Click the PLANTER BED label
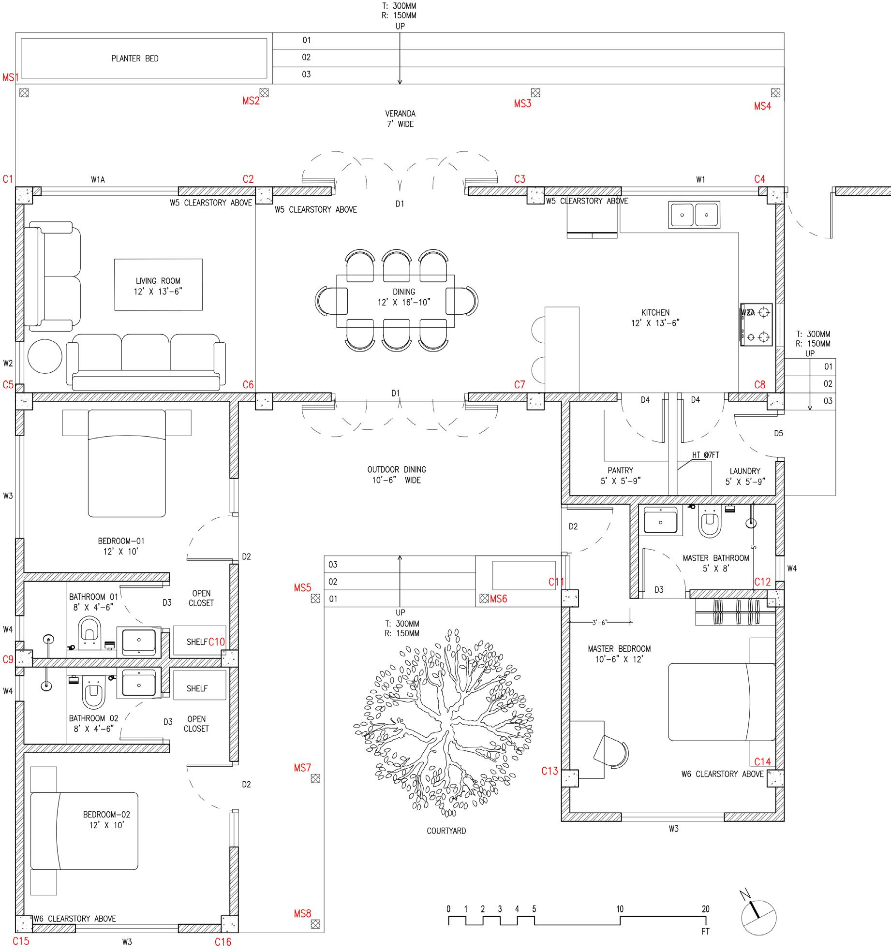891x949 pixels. [x=135, y=58]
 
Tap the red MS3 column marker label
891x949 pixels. [x=522, y=104]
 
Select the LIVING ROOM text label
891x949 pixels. [x=158, y=281]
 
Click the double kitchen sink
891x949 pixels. [x=694, y=215]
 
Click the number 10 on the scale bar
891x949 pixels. [x=620, y=909]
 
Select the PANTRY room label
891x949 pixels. [x=620, y=470]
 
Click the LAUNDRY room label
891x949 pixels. [x=745, y=471]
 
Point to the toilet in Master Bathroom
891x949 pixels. [x=710, y=523]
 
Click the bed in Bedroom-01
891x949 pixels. [x=127, y=463]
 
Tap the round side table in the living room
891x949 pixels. [x=45, y=356]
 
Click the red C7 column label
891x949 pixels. [x=520, y=385]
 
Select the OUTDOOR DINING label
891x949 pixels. [x=397, y=469]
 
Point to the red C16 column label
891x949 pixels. [x=223, y=942]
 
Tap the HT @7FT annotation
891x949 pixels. [x=705, y=455]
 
